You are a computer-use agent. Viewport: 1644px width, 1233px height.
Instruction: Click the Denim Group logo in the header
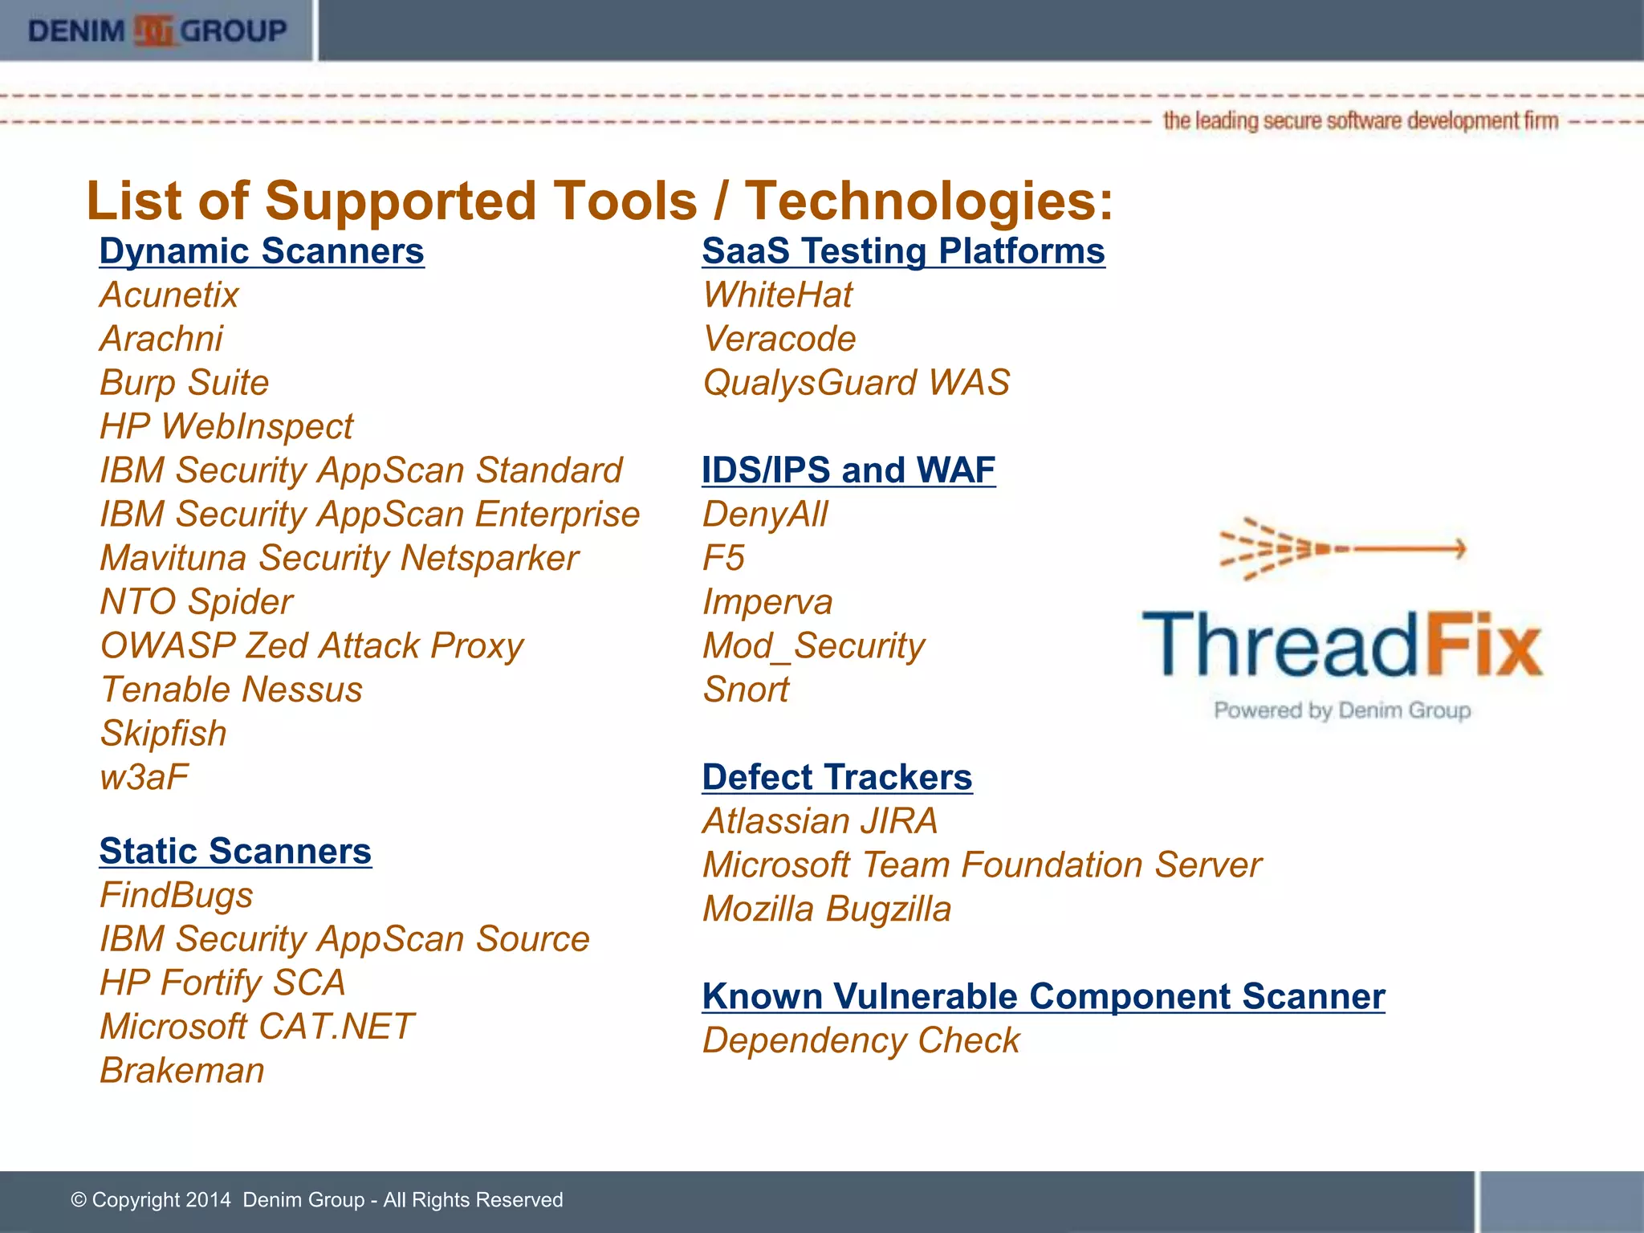click(x=157, y=31)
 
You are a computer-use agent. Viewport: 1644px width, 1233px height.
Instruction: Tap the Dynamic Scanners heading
click(x=262, y=251)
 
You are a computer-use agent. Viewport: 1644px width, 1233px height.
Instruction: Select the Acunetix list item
click(x=169, y=295)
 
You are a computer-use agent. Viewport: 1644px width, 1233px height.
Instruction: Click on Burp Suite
click(x=185, y=382)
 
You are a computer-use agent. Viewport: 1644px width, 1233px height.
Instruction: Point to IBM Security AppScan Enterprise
click(x=369, y=514)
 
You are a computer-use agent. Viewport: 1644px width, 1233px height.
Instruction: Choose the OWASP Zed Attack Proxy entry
click(x=311, y=645)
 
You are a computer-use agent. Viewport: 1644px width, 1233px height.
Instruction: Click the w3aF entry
click(x=144, y=777)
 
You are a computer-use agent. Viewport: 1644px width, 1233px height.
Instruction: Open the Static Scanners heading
click(x=235, y=851)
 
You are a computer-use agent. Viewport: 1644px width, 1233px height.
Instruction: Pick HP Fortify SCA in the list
click(x=222, y=983)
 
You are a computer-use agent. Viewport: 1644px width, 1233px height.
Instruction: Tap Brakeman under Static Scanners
click(x=182, y=1070)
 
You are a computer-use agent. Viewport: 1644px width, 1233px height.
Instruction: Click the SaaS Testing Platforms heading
click(x=903, y=251)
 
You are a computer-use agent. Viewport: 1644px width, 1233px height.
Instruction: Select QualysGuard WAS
click(x=856, y=382)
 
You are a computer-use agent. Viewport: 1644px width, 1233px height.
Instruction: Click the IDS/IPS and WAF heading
click(x=848, y=470)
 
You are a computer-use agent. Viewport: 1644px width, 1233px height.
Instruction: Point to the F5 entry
click(x=723, y=558)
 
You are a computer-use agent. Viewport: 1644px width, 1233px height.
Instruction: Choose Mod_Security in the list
click(x=813, y=645)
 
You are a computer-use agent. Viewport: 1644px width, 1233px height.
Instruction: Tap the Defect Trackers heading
click(x=837, y=777)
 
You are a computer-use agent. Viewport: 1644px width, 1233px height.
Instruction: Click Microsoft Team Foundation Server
click(x=982, y=865)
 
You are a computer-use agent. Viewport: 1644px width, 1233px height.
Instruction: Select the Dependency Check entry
click(x=861, y=1040)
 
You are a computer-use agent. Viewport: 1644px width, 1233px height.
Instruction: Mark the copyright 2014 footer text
click(x=317, y=1199)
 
